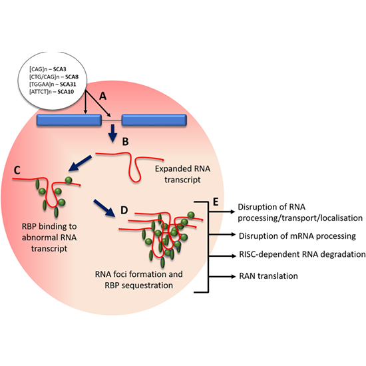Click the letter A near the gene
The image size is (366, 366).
pos(102,96)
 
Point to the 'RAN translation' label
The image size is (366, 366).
pos(270,275)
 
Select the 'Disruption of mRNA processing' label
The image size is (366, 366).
pos(296,235)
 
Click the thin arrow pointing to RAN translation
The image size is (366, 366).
pos(220,274)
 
